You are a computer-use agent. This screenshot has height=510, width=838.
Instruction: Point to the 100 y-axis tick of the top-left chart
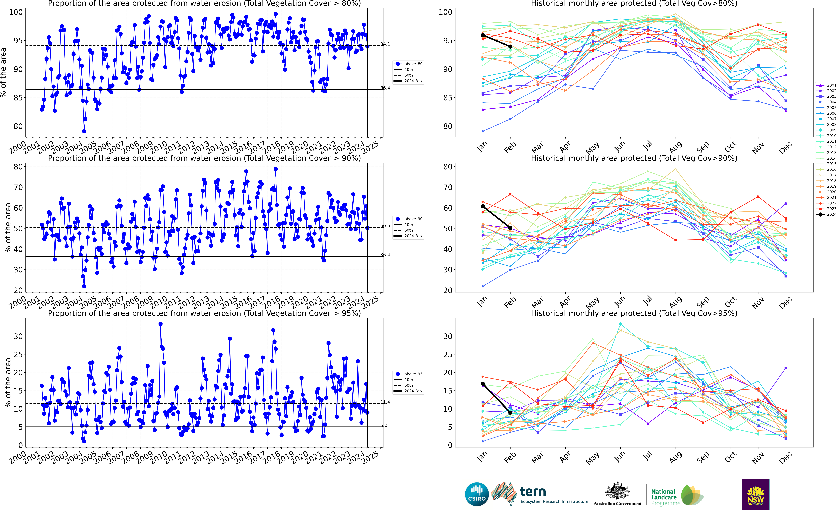[16, 12]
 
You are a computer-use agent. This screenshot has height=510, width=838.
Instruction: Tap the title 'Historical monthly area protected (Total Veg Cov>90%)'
[634, 158]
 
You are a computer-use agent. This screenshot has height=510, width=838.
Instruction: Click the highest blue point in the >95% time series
[160, 324]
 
